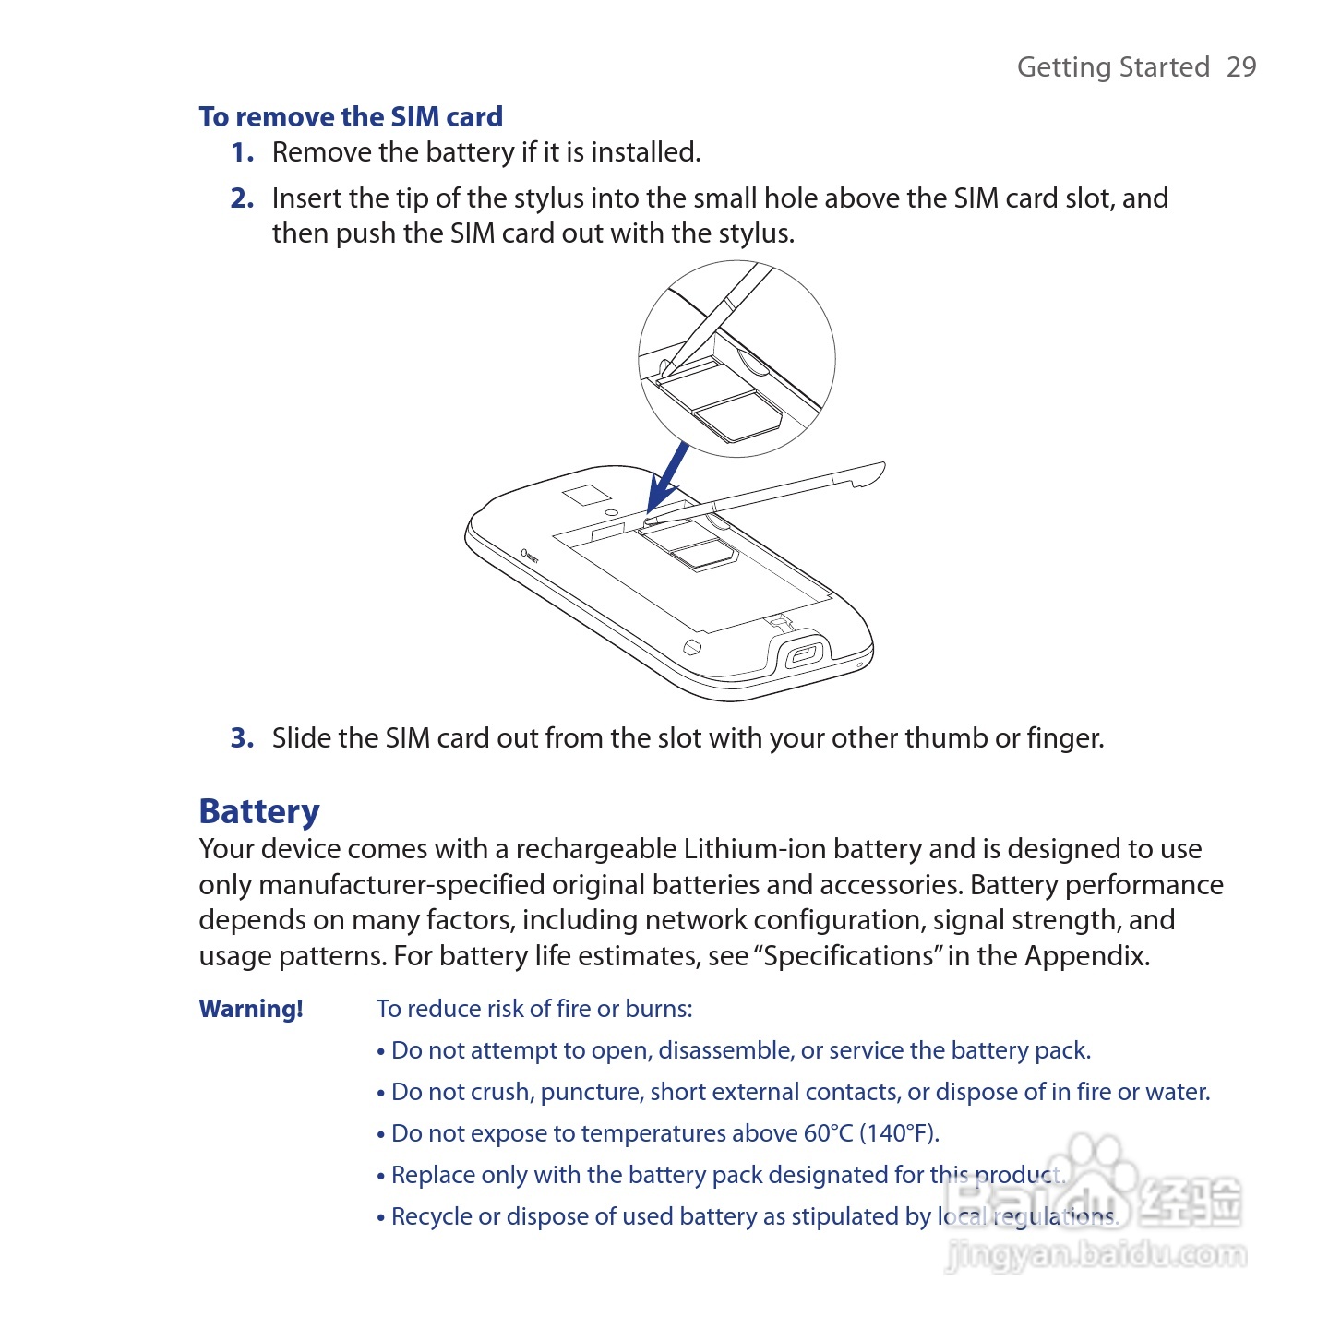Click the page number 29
coord(1240,66)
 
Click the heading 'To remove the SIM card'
coord(351,116)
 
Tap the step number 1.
coord(242,152)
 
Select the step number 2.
coord(242,198)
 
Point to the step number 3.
coord(242,738)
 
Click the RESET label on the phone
coord(530,556)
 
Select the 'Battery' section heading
coord(259,811)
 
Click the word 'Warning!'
coord(251,1009)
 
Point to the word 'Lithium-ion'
coord(755,848)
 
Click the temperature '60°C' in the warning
coord(829,1133)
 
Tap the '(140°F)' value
coord(900,1134)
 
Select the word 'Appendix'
coord(1086,956)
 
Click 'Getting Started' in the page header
coord(1113,67)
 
